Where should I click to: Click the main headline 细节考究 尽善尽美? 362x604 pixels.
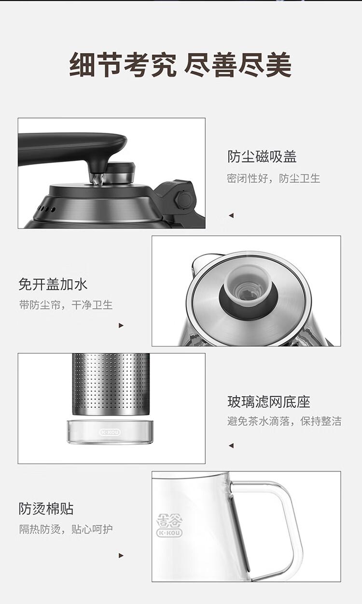pyautogui.click(x=181, y=65)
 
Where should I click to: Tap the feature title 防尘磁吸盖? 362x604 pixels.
pyautogui.click(x=262, y=157)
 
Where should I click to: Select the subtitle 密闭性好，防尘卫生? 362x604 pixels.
pyautogui.click(x=273, y=178)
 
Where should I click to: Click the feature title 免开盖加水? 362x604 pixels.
pyautogui.click(x=53, y=284)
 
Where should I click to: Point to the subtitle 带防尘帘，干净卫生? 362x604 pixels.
pyautogui.click(x=66, y=305)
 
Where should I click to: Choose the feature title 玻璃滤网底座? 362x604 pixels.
pyautogui.click(x=269, y=402)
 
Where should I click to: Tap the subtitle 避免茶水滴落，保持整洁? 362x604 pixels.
pyautogui.click(x=284, y=421)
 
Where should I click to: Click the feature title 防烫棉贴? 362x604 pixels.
pyautogui.click(x=46, y=508)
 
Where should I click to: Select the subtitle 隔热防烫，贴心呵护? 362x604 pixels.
pyautogui.click(x=66, y=529)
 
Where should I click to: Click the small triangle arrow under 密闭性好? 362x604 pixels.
pyautogui.click(x=231, y=216)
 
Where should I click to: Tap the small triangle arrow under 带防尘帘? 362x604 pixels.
pyautogui.click(x=121, y=326)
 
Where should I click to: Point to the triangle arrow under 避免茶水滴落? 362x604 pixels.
pyautogui.click(x=231, y=446)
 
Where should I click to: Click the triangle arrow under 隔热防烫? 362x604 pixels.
pyautogui.click(x=121, y=556)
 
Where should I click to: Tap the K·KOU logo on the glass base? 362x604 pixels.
pyautogui.click(x=110, y=432)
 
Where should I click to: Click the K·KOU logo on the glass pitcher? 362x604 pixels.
pyautogui.click(x=169, y=532)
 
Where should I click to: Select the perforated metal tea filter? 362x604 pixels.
pyautogui.click(x=111, y=384)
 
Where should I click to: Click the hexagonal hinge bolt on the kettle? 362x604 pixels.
pyautogui.click(x=184, y=200)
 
